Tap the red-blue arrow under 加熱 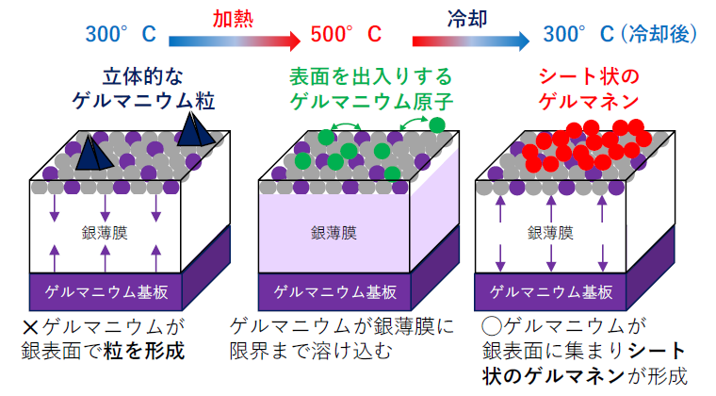233,40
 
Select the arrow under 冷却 469,40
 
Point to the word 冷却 468,17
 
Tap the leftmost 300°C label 121,36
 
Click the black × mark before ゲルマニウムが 29,328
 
